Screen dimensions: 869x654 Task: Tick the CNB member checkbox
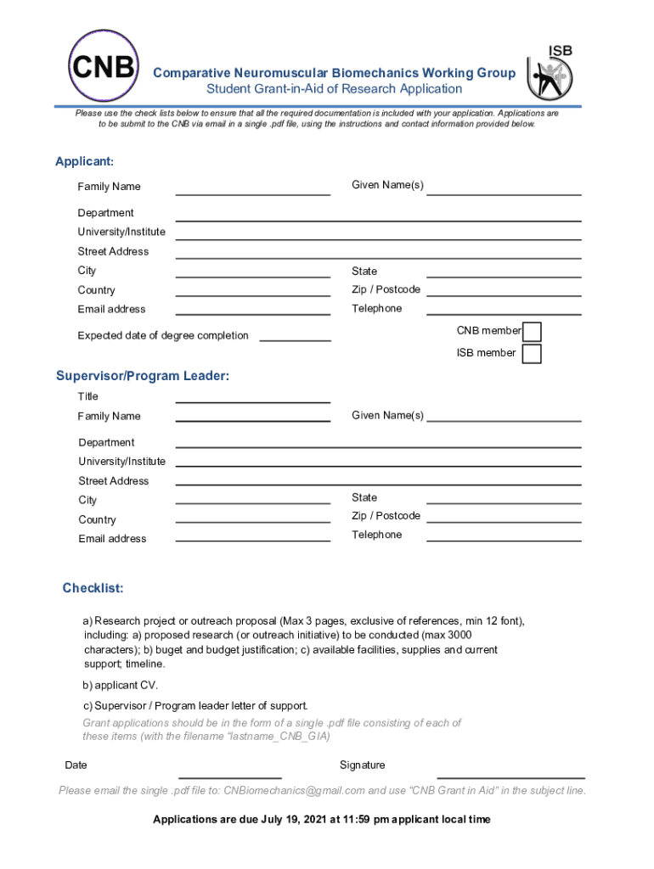(x=532, y=331)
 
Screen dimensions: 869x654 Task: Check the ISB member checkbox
(x=532, y=353)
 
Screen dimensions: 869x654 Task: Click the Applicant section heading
(x=84, y=161)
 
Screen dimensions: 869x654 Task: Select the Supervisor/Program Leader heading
(x=143, y=376)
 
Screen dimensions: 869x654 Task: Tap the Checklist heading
(x=93, y=588)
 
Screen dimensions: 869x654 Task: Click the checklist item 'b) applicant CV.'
(x=120, y=685)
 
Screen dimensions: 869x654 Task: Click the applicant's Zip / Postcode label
(x=386, y=289)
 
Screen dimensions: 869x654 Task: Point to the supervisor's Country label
(x=97, y=519)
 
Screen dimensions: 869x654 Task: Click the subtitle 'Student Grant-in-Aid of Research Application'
(x=334, y=89)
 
